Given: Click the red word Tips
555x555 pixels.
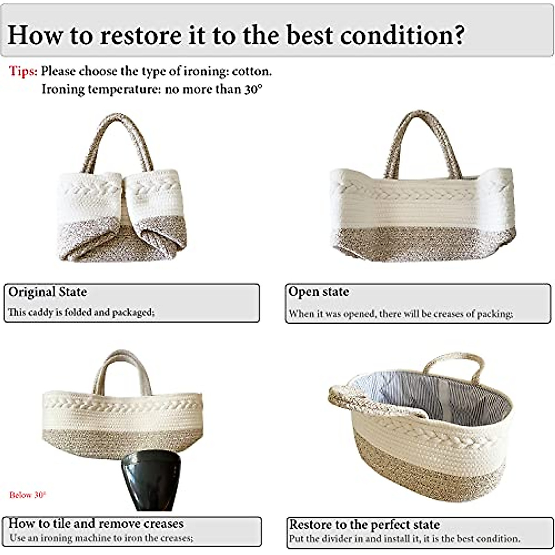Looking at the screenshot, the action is point(23,71).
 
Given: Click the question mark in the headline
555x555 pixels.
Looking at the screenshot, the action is point(458,35).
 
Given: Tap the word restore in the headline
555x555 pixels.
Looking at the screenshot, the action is point(141,36).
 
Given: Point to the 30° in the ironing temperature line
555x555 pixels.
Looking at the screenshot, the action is point(254,89).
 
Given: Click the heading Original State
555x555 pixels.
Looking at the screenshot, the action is point(48,292).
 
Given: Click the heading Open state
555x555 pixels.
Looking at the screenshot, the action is point(319,292).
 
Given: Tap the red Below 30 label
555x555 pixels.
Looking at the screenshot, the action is point(27,495).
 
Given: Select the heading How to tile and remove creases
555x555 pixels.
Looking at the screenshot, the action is point(96,523).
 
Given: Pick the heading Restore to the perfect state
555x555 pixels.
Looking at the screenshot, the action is point(364,524).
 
